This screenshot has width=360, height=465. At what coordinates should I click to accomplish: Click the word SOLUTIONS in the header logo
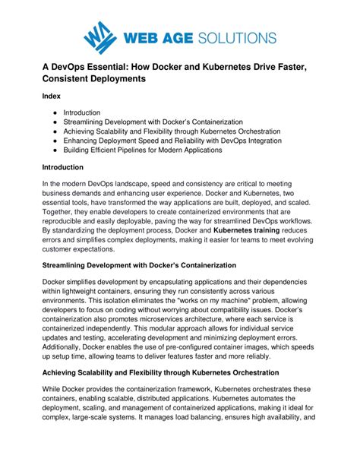tap(236, 36)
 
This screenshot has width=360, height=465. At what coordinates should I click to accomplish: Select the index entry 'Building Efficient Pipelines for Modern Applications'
tap(143, 150)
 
